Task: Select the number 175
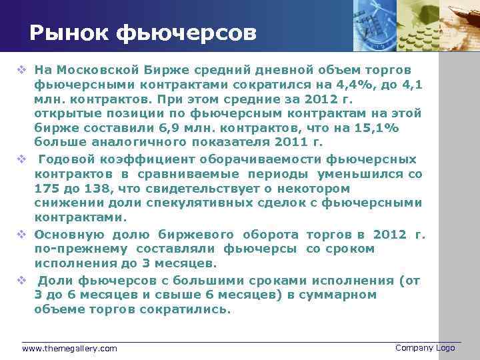coord(46,189)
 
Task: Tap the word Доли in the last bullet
coord(53,280)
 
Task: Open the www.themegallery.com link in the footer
coord(69,349)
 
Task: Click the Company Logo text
coord(425,348)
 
